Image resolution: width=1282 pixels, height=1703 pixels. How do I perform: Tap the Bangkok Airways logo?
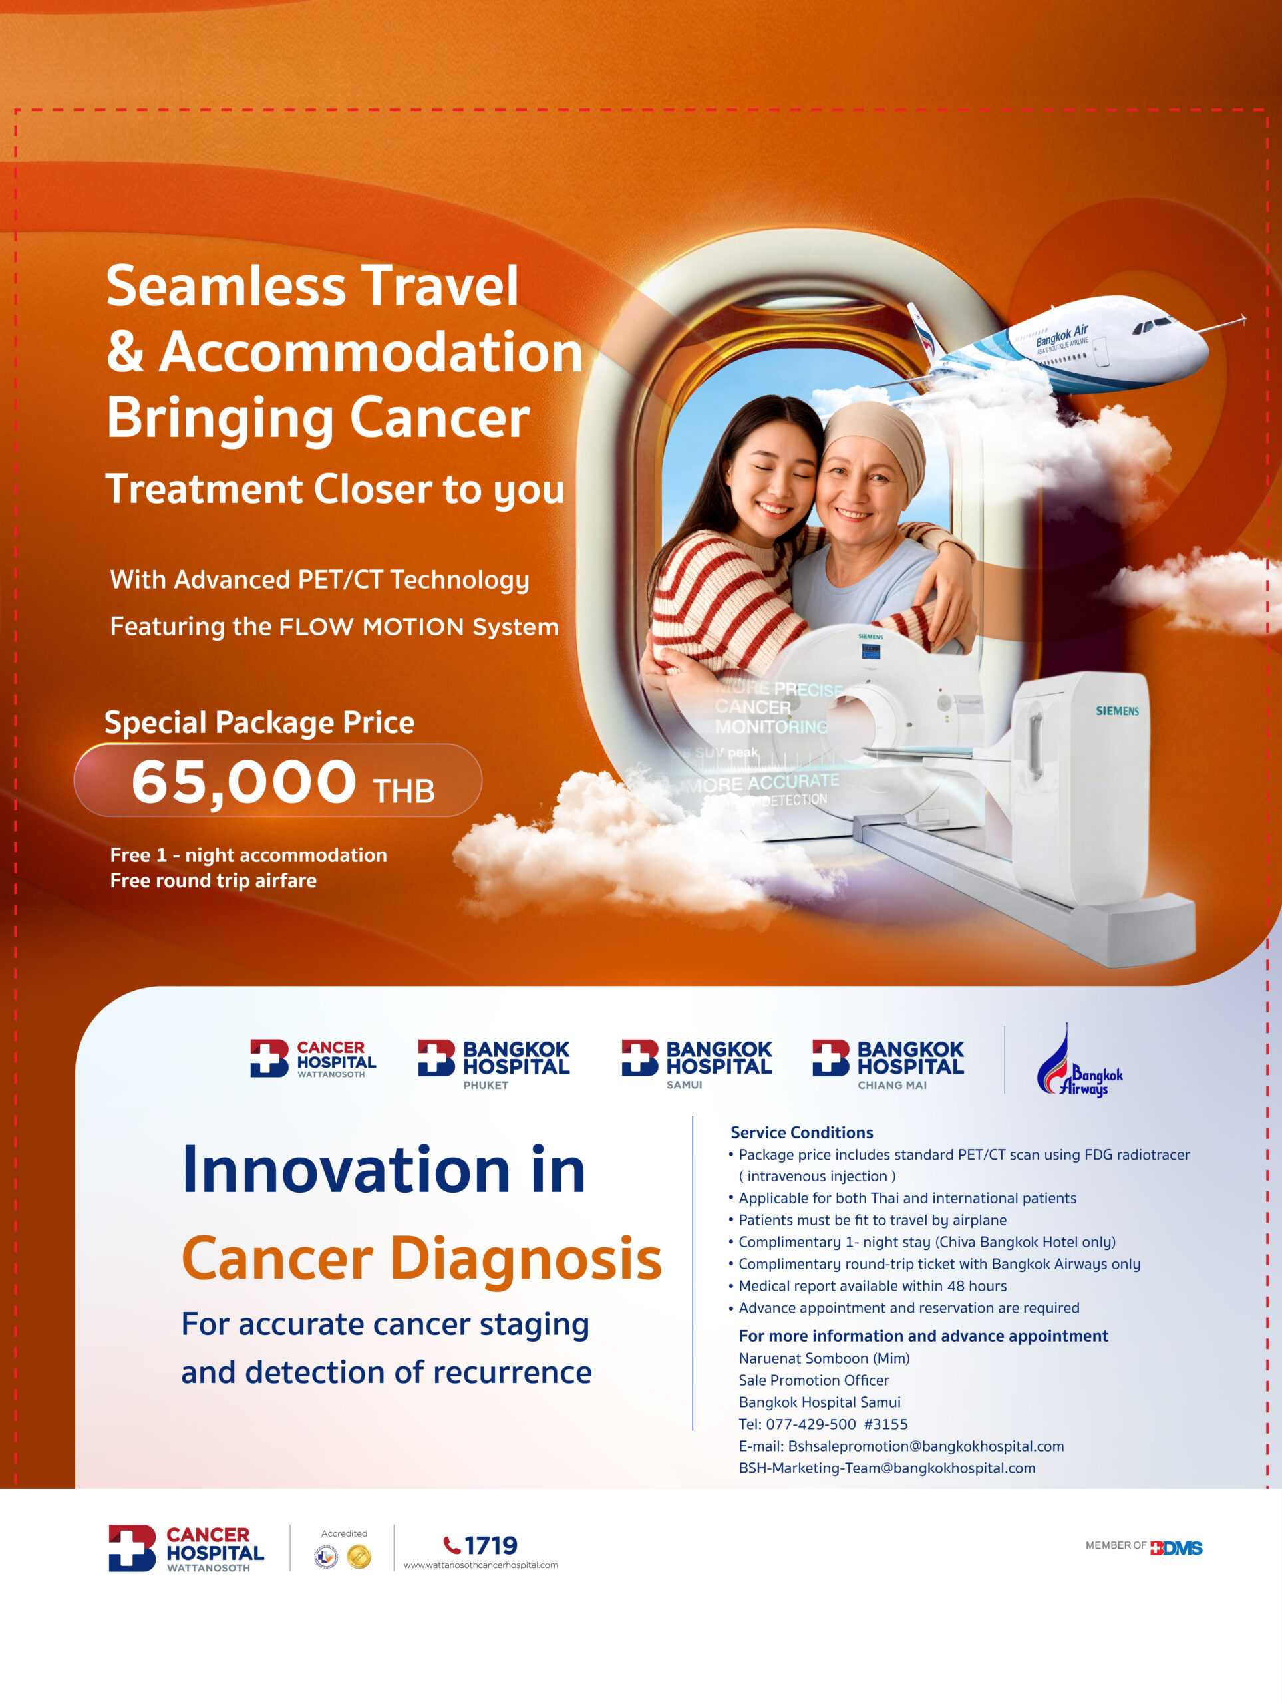[x=1080, y=1063]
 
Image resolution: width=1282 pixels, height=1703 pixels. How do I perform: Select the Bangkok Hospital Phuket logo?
[x=494, y=1062]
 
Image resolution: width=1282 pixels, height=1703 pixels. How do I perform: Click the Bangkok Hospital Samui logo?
[x=696, y=1062]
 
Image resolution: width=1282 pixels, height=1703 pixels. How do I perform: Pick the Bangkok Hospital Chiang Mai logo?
[x=887, y=1062]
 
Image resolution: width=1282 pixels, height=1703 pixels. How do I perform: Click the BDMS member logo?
[x=1176, y=1547]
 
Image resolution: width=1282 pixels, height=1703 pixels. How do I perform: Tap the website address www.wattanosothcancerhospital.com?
[x=480, y=1565]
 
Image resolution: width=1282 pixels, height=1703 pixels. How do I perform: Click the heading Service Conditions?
[x=802, y=1132]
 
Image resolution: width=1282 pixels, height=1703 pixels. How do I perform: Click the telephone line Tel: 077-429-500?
[x=822, y=1424]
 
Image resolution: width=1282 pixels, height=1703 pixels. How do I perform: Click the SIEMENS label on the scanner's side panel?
[x=1116, y=710]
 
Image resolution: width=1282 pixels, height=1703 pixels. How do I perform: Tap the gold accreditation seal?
[x=359, y=1557]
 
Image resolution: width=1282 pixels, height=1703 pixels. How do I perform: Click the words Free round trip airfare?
[x=214, y=881]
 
